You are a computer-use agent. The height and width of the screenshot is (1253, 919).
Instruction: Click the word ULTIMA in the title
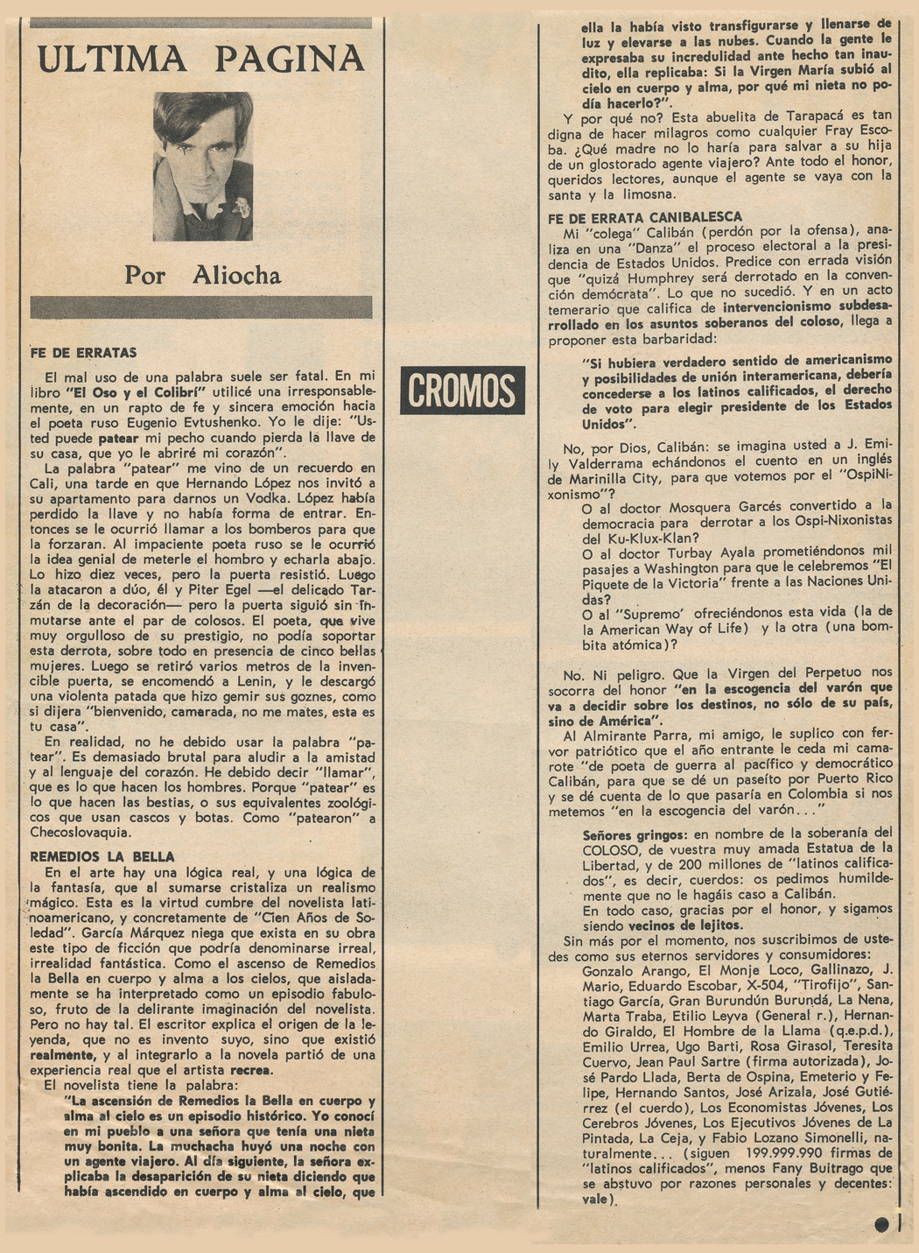tap(112, 59)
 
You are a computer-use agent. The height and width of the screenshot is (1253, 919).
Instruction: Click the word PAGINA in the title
tap(289, 59)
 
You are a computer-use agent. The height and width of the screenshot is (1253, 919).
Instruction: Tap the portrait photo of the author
tap(202, 166)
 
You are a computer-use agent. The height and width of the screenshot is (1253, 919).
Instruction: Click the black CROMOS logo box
tap(462, 390)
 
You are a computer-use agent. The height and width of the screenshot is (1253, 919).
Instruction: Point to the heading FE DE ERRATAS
tap(83, 353)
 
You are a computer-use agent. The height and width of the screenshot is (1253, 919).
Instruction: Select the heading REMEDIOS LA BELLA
tap(102, 856)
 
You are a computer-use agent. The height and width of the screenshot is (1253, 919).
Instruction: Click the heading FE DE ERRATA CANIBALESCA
tap(645, 217)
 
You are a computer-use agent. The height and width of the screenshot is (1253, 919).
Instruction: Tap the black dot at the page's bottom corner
tap(881, 1224)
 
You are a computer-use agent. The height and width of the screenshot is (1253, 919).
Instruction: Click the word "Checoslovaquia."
tap(81, 833)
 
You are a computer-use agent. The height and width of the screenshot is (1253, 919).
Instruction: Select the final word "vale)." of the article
tap(600, 1200)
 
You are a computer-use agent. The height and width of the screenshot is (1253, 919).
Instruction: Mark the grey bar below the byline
tap(201, 307)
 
